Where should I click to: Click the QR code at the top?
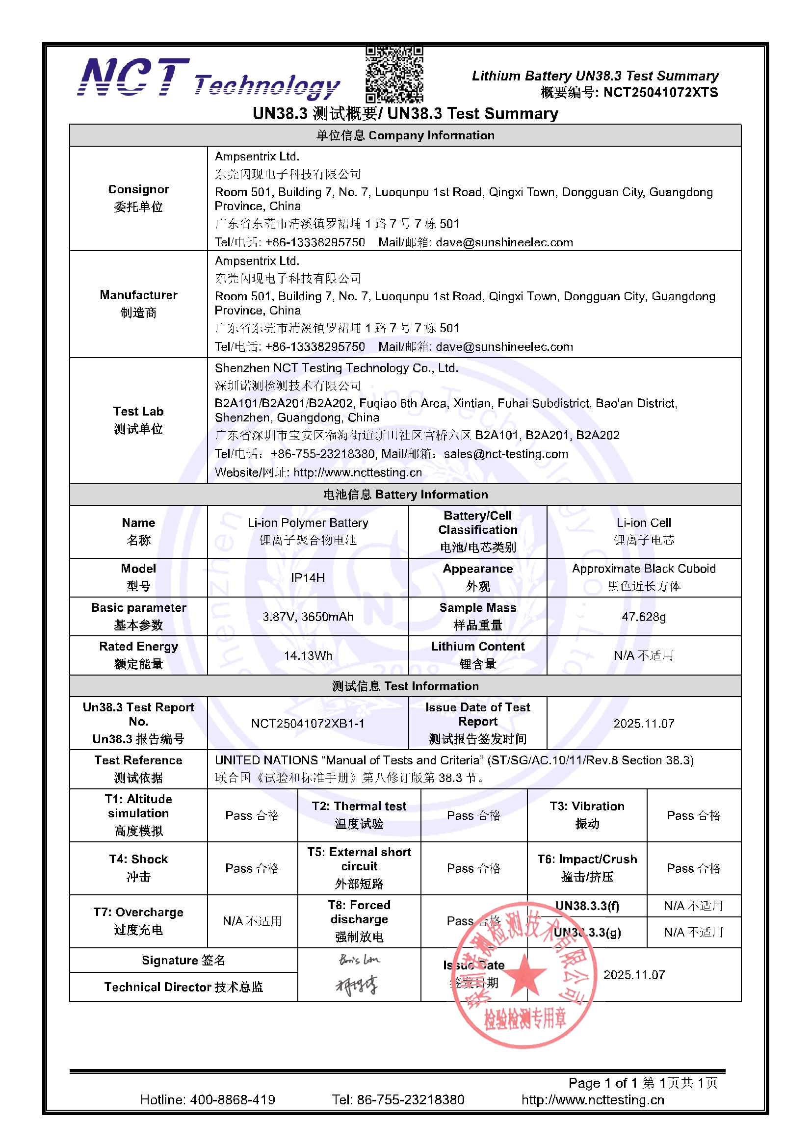tap(394, 74)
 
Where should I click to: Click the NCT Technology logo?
tap(209, 79)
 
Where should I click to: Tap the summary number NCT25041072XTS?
tap(660, 92)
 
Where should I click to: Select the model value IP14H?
tap(308, 577)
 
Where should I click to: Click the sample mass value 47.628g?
tap(644, 617)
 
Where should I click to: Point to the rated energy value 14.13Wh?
tap(308, 655)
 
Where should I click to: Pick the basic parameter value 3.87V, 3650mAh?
tap(308, 617)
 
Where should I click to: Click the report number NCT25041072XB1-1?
tap(308, 723)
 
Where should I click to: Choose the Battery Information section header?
tap(405, 494)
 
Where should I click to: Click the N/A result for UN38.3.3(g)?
tap(694, 932)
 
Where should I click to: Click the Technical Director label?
tap(183, 987)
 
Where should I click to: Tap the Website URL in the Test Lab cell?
tap(357, 472)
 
